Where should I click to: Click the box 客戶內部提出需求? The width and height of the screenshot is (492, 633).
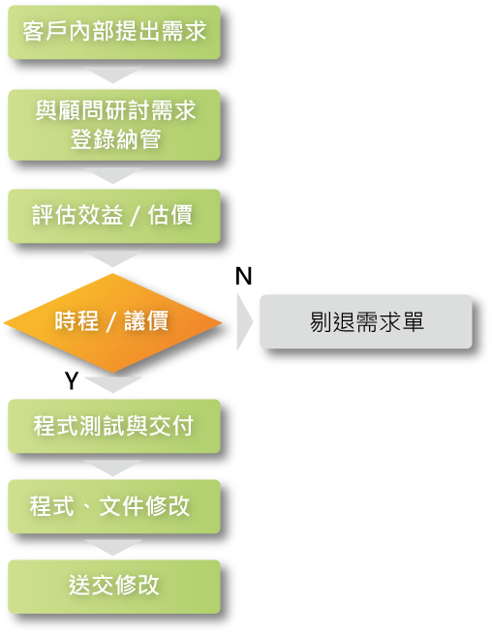114,32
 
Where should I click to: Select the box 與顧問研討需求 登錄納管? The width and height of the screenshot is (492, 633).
114,125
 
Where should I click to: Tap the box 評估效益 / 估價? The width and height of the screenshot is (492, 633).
114,216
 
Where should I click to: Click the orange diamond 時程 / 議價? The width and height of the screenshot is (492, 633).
112,322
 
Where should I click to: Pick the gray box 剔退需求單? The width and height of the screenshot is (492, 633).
366,321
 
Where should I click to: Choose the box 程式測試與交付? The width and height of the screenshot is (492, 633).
114,426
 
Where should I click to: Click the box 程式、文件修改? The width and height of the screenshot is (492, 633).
114,506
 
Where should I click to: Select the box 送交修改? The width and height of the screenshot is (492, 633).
114,587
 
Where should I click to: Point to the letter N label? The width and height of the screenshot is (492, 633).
243,277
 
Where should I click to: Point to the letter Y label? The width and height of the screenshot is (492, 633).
72,380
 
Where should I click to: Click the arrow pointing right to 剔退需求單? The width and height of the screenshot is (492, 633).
245,321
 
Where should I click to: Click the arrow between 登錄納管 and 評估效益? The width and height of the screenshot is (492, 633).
113,176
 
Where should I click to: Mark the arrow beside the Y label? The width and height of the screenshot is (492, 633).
113,385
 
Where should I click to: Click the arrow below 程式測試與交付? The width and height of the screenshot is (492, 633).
113,468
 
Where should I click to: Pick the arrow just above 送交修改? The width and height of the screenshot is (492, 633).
113,548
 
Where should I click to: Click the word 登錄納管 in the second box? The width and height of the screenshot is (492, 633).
115,139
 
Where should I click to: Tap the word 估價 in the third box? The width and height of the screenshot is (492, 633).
170,215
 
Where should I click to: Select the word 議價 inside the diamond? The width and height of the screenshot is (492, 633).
146,321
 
